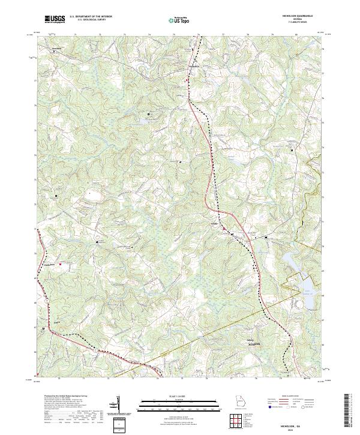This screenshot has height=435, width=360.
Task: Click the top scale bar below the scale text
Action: pyautogui.click(x=180, y=401)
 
